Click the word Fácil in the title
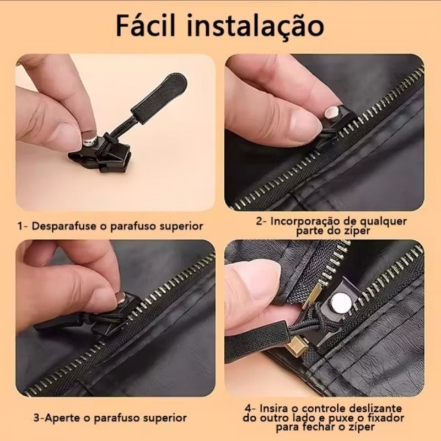(x=146, y=25)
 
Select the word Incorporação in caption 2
(x=305, y=222)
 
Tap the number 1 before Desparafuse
(x=20, y=226)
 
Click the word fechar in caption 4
(x=312, y=427)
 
